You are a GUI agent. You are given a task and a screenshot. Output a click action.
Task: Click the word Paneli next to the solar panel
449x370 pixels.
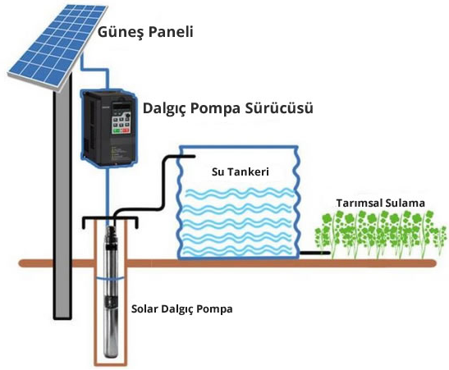click(171, 31)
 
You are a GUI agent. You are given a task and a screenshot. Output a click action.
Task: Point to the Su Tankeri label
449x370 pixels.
click(241, 171)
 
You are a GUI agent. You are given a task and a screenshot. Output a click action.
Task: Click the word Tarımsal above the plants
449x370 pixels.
click(359, 203)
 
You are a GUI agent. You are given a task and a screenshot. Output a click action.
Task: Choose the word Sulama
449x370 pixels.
click(405, 203)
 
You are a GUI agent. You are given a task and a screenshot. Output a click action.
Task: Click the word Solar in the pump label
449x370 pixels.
click(144, 308)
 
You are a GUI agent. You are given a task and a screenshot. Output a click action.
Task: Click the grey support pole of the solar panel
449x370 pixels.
click(62, 200)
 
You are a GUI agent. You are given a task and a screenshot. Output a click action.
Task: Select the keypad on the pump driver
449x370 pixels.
click(121, 123)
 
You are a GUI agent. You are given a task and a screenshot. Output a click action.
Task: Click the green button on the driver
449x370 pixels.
click(117, 130)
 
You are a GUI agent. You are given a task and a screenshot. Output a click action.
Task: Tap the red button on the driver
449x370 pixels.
click(126, 130)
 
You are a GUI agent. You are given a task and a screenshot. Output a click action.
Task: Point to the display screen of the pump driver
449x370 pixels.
click(121, 107)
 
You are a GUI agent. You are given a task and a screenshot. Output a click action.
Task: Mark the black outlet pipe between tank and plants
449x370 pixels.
click(314, 253)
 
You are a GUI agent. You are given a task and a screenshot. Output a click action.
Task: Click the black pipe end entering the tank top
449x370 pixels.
click(194, 156)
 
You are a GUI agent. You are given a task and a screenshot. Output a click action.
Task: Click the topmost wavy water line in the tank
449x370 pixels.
click(240, 193)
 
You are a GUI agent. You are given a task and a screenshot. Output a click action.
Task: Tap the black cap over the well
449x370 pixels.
click(111, 219)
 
